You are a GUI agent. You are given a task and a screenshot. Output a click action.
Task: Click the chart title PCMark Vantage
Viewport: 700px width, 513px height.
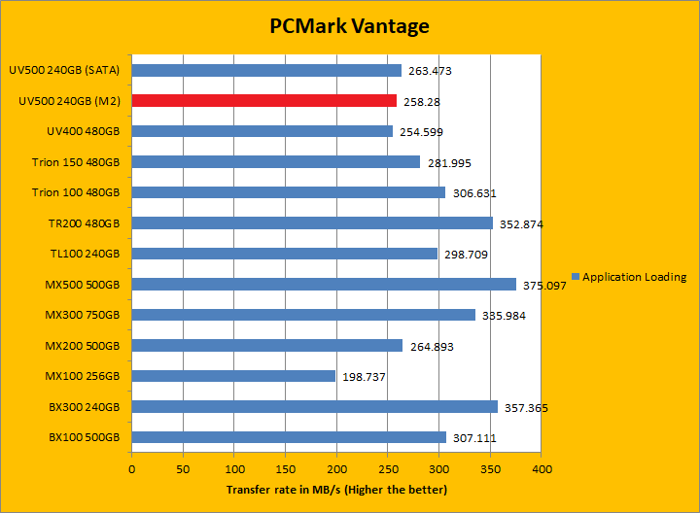point(349,26)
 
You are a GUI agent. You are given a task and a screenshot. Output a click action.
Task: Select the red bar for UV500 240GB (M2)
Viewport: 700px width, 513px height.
point(263,100)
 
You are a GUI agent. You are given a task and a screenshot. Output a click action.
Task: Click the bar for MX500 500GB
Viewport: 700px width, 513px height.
point(324,284)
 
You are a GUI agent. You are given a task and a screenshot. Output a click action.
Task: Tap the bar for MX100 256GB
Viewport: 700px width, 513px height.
point(233,376)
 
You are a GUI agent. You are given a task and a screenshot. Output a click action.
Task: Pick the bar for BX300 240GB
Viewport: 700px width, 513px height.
point(314,406)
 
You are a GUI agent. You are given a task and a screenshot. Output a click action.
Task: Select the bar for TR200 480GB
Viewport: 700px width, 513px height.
point(312,222)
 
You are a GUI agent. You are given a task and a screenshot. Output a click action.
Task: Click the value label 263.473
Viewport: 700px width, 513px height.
point(429,71)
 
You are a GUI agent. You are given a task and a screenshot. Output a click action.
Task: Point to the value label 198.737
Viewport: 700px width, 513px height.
point(364,377)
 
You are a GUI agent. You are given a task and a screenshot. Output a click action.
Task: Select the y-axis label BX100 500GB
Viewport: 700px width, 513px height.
point(84,437)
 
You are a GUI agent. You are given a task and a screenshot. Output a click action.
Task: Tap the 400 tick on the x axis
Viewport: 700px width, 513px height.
point(541,467)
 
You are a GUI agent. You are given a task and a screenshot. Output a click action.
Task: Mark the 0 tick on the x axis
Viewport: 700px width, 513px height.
point(132,467)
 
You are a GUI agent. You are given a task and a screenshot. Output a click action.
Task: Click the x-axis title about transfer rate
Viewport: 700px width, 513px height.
point(336,489)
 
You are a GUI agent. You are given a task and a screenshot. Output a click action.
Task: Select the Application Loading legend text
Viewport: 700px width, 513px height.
point(634,277)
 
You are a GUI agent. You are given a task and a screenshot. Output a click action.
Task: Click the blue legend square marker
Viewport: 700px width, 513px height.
point(576,277)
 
